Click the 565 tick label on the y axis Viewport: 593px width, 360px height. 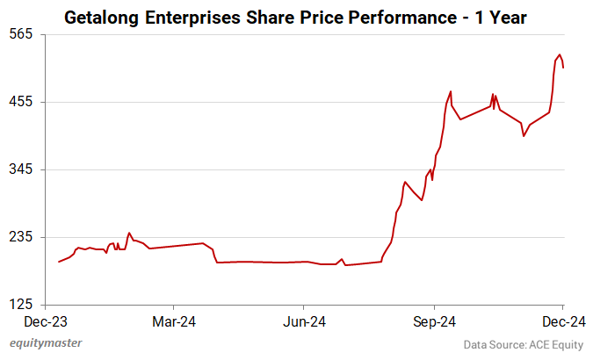(x=21, y=33)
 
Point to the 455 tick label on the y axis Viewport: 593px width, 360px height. (x=21, y=101)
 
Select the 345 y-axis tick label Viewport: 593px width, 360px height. (x=21, y=169)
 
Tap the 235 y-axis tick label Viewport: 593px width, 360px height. (x=21, y=237)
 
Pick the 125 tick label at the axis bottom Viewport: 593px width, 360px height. (x=21, y=305)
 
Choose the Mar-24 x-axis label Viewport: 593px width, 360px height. (x=174, y=321)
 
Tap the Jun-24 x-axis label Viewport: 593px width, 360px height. (x=303, y=321)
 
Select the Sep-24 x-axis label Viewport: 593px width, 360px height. (x=434, y=321)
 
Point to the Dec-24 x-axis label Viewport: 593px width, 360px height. (x=563, y=321)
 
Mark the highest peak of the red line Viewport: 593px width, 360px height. (x=560, y=54)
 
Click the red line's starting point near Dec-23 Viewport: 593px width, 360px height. (x=59, y=262)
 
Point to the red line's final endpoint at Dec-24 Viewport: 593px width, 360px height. (x=563, y=68)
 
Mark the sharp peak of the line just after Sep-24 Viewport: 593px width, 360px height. (x=451, y=91)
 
